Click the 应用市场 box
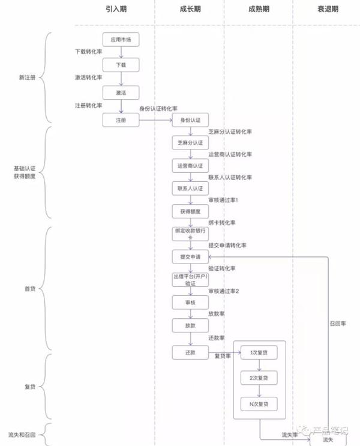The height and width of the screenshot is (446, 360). click(x=121, y=40)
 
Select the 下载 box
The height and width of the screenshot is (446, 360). click(x=121, y=65)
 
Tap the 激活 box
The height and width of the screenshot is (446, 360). click(x=121, y=92)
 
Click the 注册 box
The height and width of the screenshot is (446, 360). click(x=121, y=120)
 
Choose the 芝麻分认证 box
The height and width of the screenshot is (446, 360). click(x=190, y=143)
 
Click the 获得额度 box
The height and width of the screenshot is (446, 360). click(x=190, y=211)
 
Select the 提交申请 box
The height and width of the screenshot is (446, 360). click(x=190, y=257)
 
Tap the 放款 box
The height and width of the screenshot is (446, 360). click(x=190, y=325)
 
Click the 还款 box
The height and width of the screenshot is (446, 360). click(x=190, y=352)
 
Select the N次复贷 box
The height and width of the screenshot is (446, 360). click(x=259, y=403)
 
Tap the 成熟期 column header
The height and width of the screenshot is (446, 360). click(x=258, y=10)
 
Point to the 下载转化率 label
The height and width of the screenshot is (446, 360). click(x=88, y=52)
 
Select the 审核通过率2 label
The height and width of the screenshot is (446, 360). click(x=223, y=291)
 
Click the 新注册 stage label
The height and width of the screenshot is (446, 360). click(x=27, y=77)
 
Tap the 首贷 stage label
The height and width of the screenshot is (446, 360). click(x=29, y=289)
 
